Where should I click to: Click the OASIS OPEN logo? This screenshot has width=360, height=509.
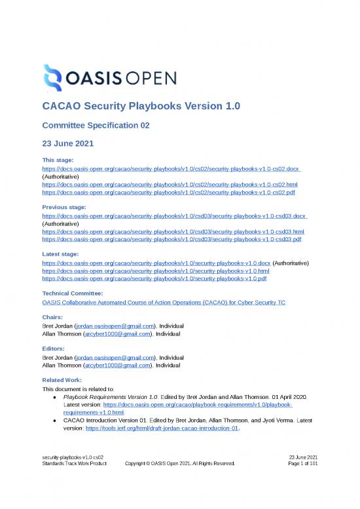pos(109,79)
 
